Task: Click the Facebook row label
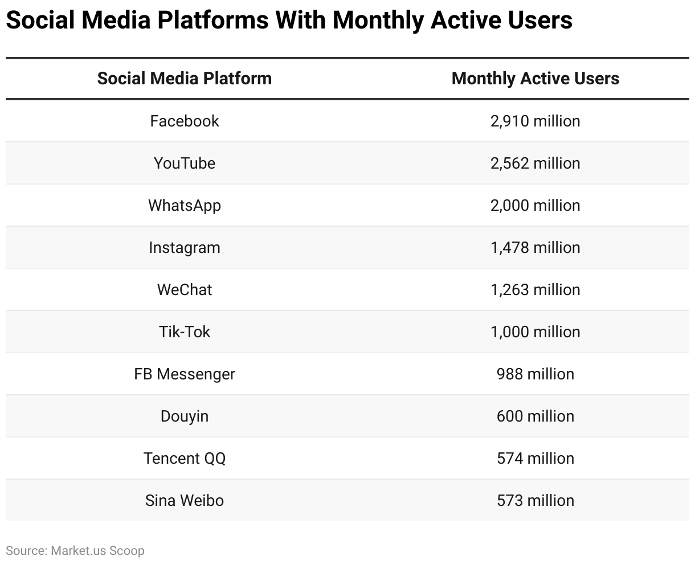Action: coord(185,121)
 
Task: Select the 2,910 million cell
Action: coord(535,121)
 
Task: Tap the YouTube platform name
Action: coord(185,163)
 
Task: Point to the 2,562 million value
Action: coord(535,163)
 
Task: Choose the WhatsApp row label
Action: coord(185,205)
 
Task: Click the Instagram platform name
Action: coord(185,247)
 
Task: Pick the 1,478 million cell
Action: coord(535,247)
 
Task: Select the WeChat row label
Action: coord(185,289)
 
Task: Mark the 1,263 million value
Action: coord(535,289)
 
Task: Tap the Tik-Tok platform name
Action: coord(185,332)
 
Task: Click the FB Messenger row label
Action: coord(185,374)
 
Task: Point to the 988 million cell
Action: coord(535,374)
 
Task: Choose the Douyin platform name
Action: coord(185,416)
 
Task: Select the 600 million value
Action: coord(535,416)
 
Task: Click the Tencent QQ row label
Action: coord(185,458)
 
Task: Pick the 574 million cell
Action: coord(535,458)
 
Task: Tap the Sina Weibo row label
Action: coord(185,500)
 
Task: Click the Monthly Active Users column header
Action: coord(535,78)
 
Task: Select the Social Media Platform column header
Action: coord(185,78)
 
